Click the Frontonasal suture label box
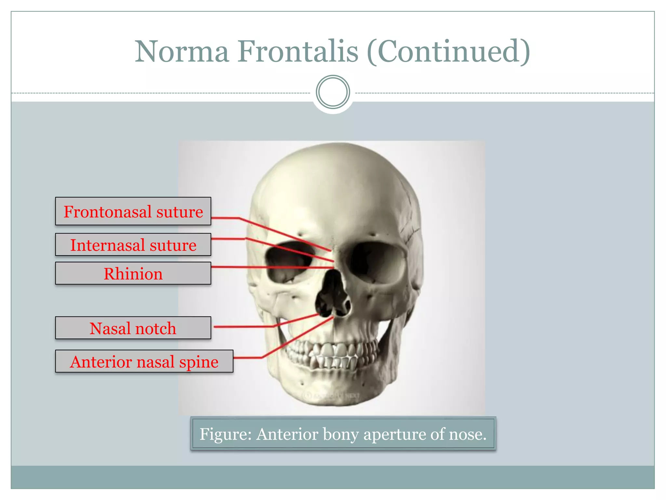pyautogui.click(x=133, y=211)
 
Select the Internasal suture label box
pyautogui.click(x=133, y=245)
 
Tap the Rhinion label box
pyautogui.click(x=133, y=273)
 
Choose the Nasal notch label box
pyautogui.click(x=133, y=328)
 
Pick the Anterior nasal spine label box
pyautogui.click(x=144, y=361)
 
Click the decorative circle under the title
pyautogui.click(x=333, y=92)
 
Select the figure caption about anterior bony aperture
pyautogui.click(x=343, y=434)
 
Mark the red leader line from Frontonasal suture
pyautogui.click(x=283, y=233)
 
